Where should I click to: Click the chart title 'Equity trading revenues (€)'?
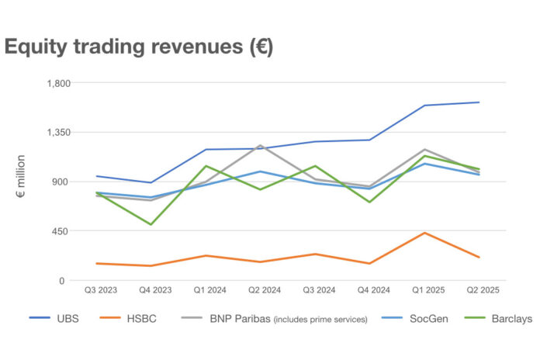coord(139,47)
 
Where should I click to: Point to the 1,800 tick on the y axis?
coord(61,83)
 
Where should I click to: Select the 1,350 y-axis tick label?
coord(61,133)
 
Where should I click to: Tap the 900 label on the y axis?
coord(64,182)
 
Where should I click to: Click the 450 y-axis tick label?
coord(64,231)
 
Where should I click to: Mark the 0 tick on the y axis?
coord(69,280)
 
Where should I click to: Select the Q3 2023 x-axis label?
coord(101,289)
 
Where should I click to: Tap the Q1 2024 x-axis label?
coord(209,289)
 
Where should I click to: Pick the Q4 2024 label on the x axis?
coord(370,289)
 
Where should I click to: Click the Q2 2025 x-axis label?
coord(479,289)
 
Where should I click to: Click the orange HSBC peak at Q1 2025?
coord(424,233)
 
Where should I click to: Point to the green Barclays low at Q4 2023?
coord(151,224)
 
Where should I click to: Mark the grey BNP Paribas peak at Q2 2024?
coord(259,145)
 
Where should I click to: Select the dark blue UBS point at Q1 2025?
coord(424,106)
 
